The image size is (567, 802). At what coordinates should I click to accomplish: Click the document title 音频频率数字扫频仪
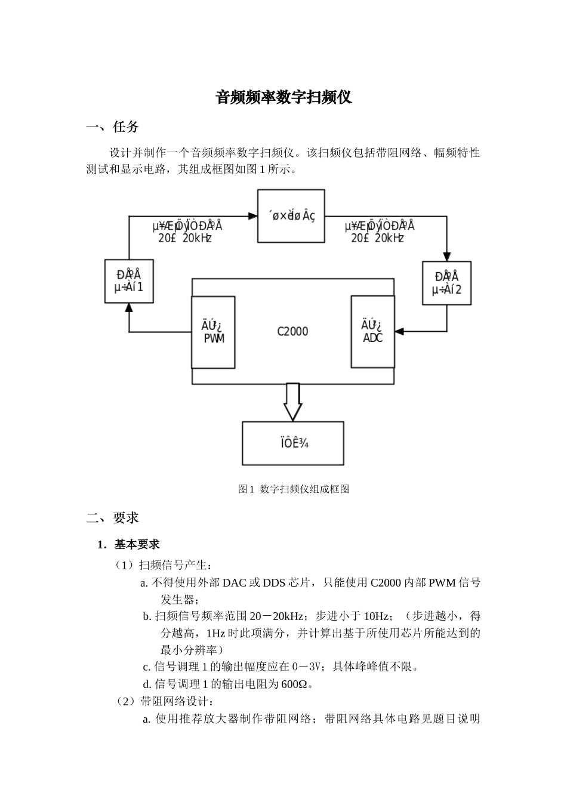[283, 97]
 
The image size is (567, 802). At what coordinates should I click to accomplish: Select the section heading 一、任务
[113, 127]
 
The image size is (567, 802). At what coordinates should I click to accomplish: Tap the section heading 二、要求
[113, 517]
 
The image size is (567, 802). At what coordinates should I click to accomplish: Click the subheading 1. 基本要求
[129, 544]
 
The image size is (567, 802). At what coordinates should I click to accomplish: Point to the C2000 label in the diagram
[292, 331]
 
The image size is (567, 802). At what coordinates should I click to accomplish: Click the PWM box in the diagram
[213, 332]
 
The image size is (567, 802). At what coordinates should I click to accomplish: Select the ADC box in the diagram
[372, 332]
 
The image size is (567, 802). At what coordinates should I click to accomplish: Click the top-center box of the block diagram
[291, 216]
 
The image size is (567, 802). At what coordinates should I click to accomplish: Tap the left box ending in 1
[129, 281]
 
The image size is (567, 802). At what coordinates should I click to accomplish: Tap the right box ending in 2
[446, 283]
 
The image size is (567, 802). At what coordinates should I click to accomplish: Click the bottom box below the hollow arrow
[292, 443]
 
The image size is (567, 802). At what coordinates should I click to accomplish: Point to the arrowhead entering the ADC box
[399, 331]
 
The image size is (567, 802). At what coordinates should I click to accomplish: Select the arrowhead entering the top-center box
[252, 216]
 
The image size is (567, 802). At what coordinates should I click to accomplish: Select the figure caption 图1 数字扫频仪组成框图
[293, 489]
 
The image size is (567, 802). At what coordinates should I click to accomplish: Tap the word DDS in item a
[274, 582]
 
